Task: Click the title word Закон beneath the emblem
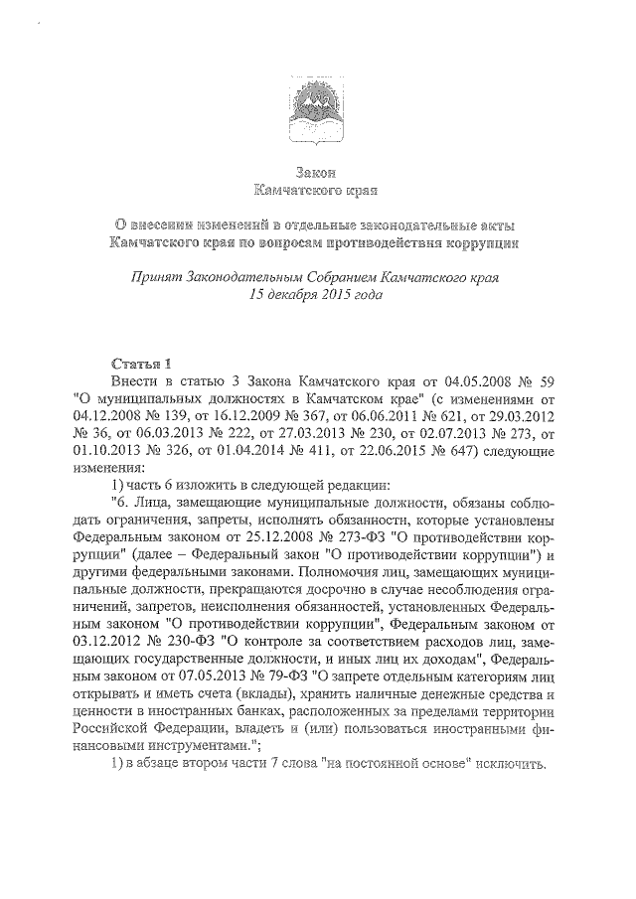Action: point(318,172)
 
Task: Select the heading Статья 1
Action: point(142,363)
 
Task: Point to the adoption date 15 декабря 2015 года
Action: point(317,295)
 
